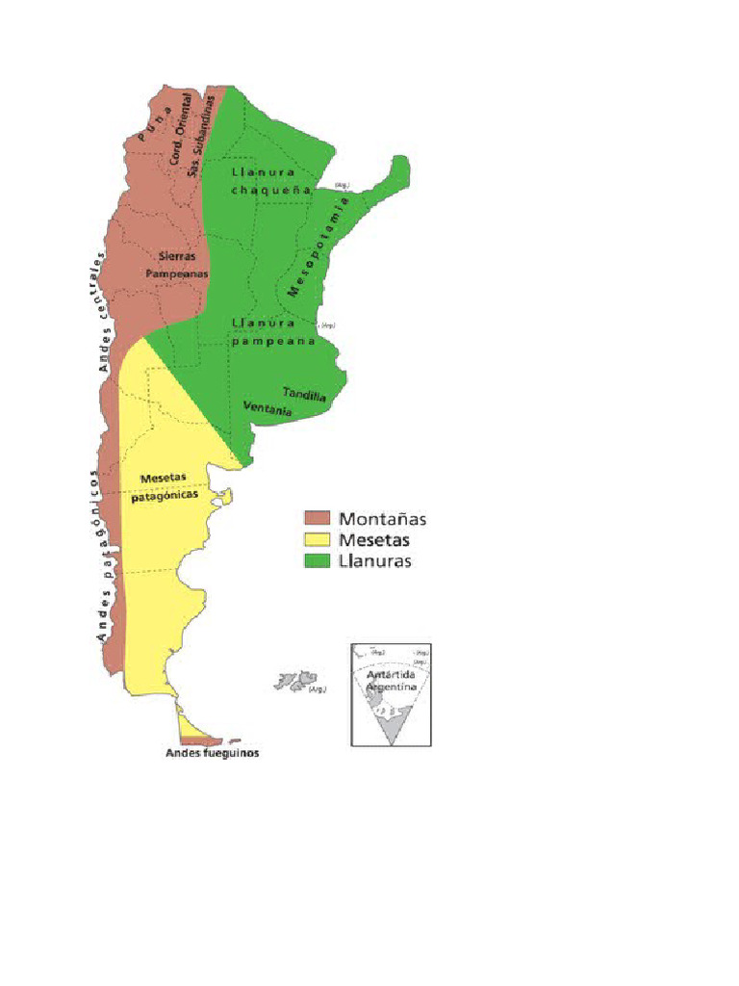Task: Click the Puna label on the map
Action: click(155, 124)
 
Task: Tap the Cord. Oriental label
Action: click(180, 129)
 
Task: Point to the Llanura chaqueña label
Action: click(272, 181)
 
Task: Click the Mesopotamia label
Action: click(319, 247)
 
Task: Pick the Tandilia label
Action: click(304, 395)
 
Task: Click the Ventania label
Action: click(268, 410)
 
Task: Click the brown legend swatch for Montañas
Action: click(318, 519)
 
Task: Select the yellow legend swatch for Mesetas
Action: click(318, 539)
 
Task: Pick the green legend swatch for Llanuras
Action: click(318, 559)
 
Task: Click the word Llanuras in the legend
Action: click(375, 560)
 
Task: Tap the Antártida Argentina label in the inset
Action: click(391, 681)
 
